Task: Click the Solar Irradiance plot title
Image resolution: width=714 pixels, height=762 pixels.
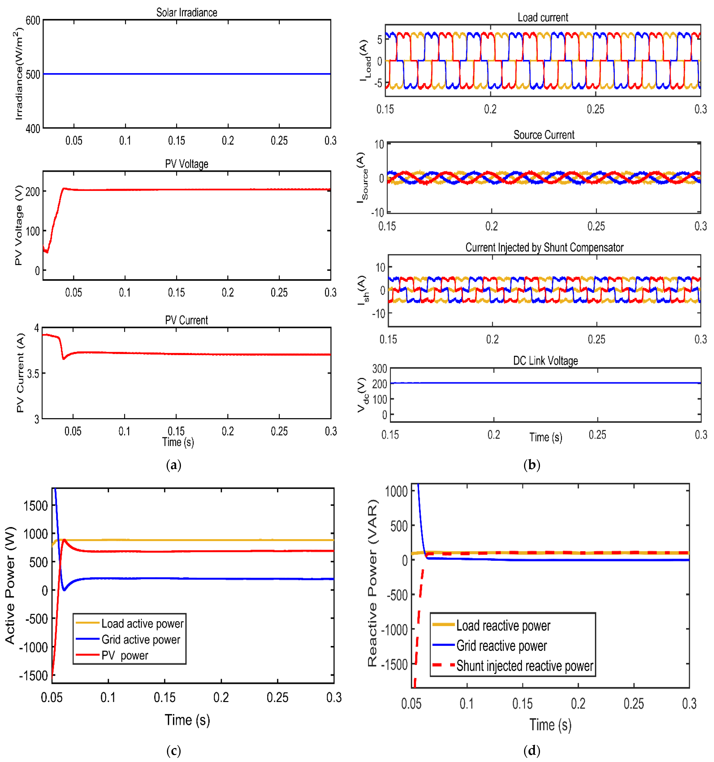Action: (187, 13)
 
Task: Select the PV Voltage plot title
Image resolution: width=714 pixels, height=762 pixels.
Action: (187, 164)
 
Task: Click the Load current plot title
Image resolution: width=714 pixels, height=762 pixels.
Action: (543, 18)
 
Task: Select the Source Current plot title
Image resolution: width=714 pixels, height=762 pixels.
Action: (544, 135)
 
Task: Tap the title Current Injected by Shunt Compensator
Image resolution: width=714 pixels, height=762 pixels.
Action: (544, 248)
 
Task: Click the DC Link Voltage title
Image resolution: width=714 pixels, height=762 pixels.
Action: (545, 361)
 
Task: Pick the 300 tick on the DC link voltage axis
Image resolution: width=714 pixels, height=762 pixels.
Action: (379, 369)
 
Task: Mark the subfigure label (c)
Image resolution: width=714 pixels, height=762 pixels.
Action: (174, 750)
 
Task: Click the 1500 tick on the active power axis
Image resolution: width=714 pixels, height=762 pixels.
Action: (36, 506)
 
